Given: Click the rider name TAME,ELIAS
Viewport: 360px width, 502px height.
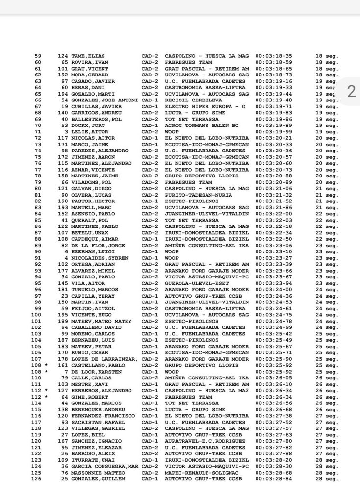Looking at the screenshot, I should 88,56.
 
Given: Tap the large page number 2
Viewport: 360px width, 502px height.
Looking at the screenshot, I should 350,91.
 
